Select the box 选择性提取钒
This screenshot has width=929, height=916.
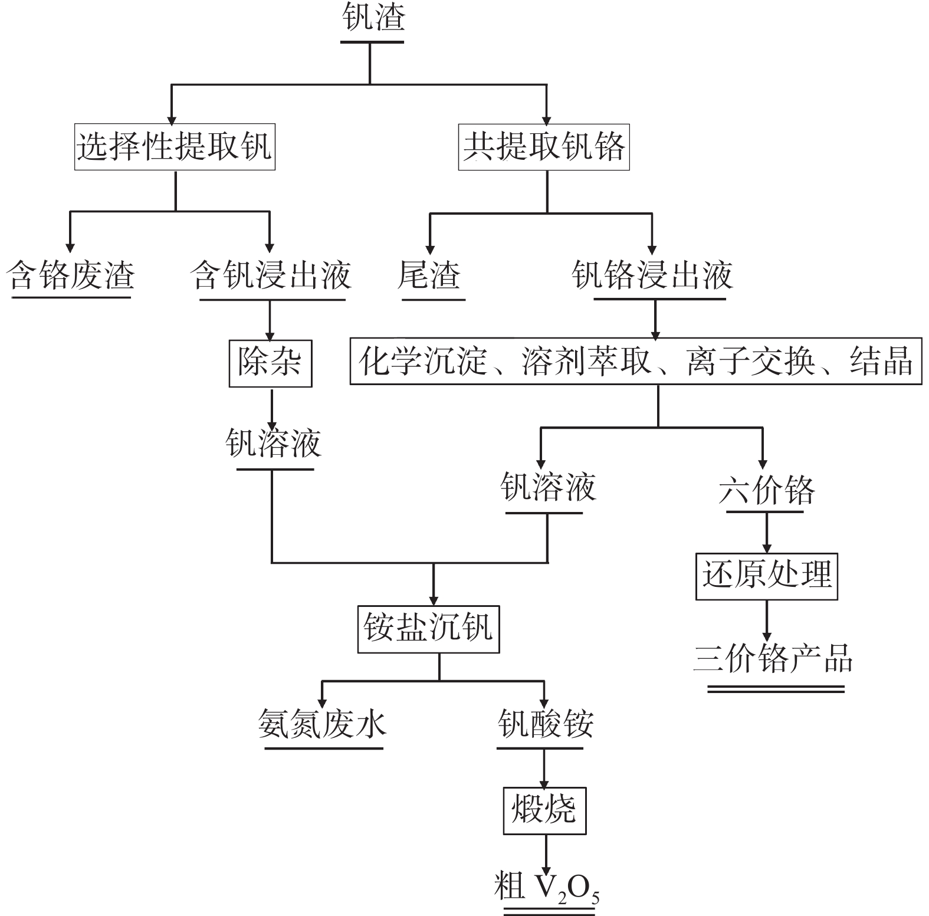[x=175, y=147]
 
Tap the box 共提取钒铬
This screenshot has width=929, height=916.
[x=544, y=147]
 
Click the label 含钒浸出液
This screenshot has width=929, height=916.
[x=272, y=275]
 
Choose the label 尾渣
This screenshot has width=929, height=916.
[x=429, y=275]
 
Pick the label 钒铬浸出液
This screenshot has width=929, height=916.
[x=652, y=275]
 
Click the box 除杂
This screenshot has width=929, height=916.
[x=270, y=362]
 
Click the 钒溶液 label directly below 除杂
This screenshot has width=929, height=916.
[x=273, y=444]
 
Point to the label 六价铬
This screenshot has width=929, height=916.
[x=766, y=490]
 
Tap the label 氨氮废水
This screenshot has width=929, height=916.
[x=322, y=723]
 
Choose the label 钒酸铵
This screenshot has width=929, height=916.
[x=545, y=723]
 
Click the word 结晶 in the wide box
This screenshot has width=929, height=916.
[x=881, y=361]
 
